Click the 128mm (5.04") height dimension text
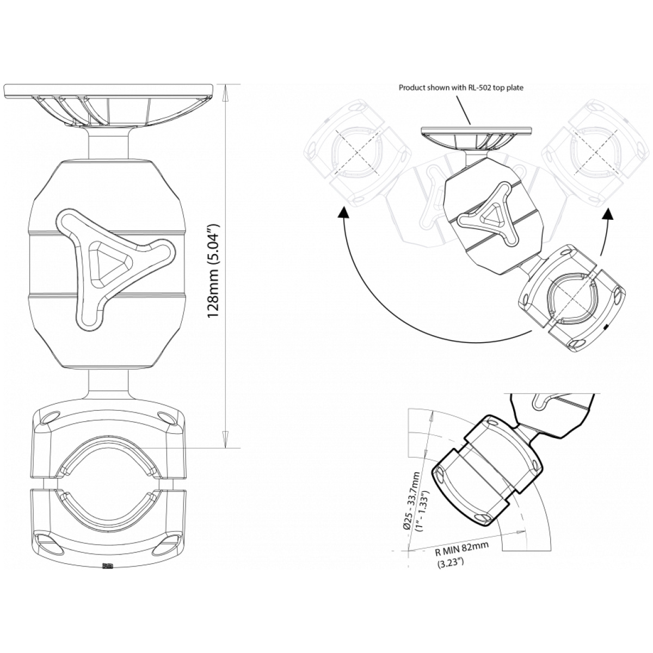(x=214, y=271)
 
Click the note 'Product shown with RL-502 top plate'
(x=461, y=88)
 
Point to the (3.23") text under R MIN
(x=449, y=563)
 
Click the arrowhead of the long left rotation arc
(x=343, y=213)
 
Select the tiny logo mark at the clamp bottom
(x=108, y=565)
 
